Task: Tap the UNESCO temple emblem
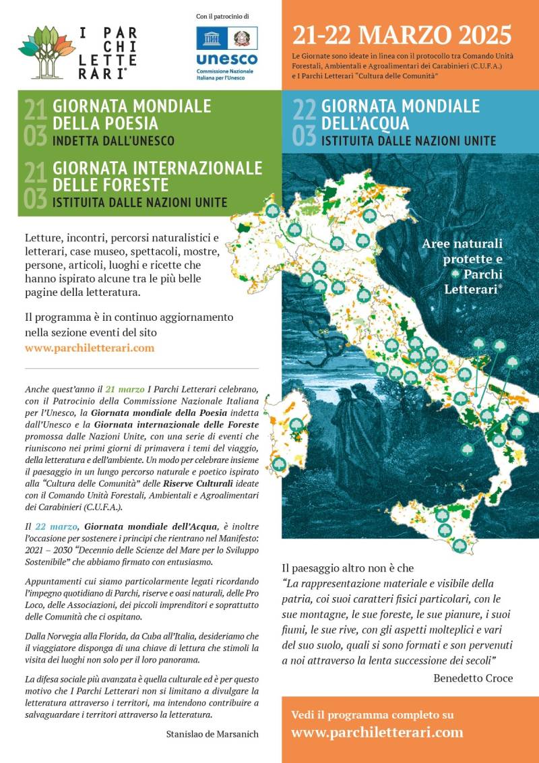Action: coord(211,38)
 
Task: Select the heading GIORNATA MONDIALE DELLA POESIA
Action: coord(132,115)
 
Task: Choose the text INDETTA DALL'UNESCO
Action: coord(114,141)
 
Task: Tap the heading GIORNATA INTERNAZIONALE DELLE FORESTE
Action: coord(157,175)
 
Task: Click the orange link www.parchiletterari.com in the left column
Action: coord(90,348)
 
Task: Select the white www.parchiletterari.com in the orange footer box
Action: coord(377,732)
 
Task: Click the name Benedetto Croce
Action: coord(473,678)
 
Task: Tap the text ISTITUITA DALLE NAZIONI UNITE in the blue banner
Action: coord(408,141)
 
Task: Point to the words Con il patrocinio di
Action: coord(223,16)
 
